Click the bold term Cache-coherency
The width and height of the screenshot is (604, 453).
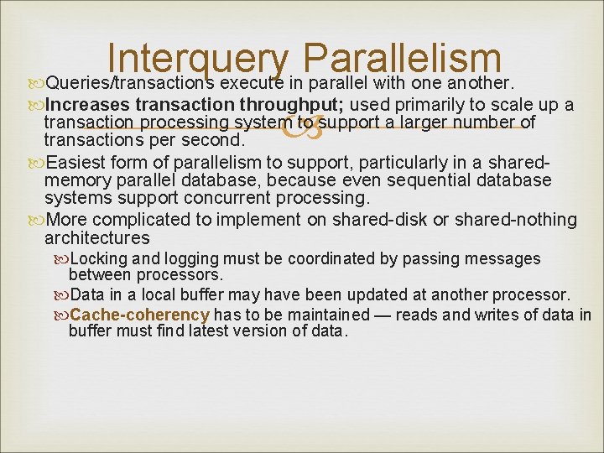[140, 315]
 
